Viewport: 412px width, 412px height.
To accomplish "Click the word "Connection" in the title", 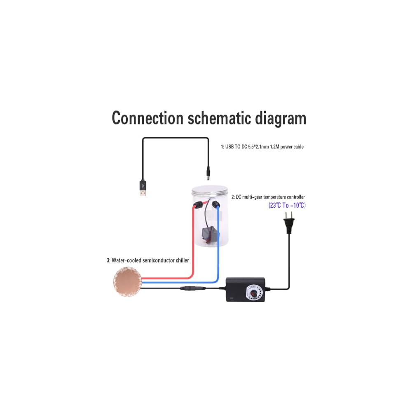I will pos(147,118).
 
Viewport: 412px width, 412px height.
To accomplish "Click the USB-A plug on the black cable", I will pos(143,188).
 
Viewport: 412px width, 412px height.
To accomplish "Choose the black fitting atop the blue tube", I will pos(215,205).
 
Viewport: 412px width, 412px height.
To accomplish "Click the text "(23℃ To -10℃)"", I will pos(287,205).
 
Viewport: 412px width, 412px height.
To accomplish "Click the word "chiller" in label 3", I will pos(181,260).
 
